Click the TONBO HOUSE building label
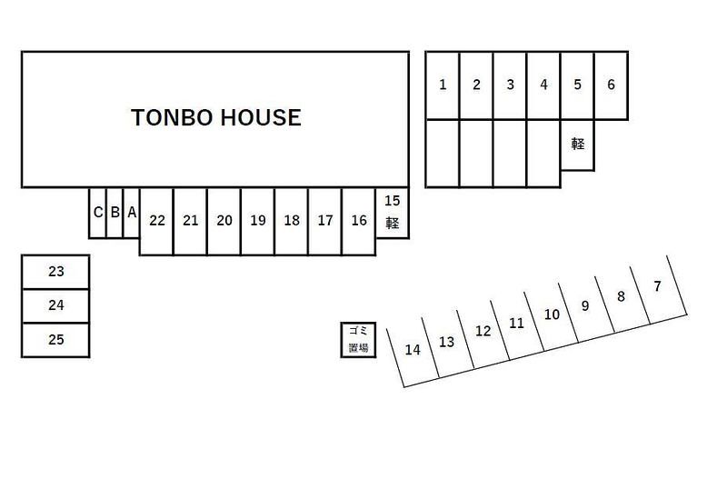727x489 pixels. point(216,117)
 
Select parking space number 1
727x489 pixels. point(443,85)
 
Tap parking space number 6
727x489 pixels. point(611,85)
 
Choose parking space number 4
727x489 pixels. point(543,85)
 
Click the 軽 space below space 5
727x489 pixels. point(577,145)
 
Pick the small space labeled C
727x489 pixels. point(97,213)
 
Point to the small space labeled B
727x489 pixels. point(115,213)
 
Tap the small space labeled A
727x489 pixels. point(132,213)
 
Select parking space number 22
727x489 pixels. point(156,221)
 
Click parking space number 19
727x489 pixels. point(258,221)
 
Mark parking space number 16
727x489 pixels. point(359,221)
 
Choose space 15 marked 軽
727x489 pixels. point(393,213)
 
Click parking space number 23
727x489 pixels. point(55,272)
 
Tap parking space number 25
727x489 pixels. point(55,340)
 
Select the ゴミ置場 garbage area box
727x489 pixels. point(358,340)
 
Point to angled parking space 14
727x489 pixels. point(413,350)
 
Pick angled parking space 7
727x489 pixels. point(657,287)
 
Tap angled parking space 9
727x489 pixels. point(586,306)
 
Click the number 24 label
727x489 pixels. point(55,305)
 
